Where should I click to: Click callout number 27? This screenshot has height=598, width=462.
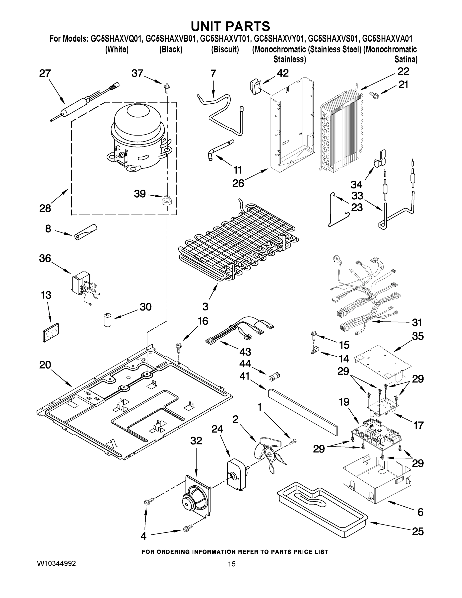click(x=45, y=74)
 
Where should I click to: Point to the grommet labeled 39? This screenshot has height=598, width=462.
click(x=166, y=200)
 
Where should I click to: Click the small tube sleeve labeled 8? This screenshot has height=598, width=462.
click(x=86, y=232)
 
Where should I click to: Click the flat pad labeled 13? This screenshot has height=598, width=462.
click(x=51, y=332)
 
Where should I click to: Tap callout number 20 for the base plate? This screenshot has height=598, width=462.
click(x=45, y=365)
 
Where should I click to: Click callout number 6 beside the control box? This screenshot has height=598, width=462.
click(x=420, y=512)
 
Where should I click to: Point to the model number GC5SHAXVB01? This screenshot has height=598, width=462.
click(x=171, y=39)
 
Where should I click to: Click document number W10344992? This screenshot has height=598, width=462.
click(x=56, y=564)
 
